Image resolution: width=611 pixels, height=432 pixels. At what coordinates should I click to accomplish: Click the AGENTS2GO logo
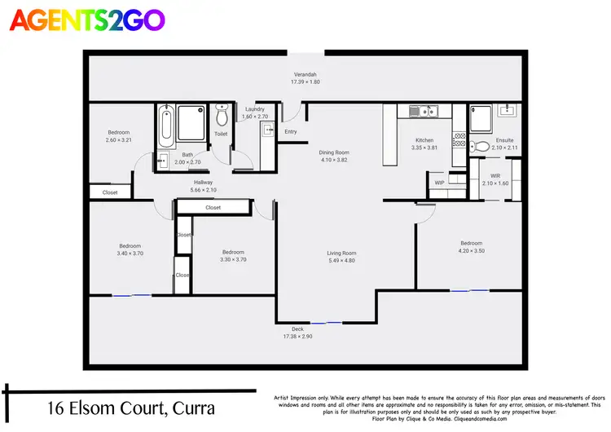tap(86, 20)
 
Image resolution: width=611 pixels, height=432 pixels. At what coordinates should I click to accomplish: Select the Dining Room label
tap(333, 152)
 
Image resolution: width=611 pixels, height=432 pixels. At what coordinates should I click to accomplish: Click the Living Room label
tap(341, 253)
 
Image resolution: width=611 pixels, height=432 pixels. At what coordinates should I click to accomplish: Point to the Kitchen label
tap(424, 140)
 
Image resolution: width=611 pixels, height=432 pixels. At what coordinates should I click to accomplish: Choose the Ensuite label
tap(505, 140)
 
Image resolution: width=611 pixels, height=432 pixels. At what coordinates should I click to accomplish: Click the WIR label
tap(495, 176)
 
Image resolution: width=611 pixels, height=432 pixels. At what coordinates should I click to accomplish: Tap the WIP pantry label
tap(439, 183)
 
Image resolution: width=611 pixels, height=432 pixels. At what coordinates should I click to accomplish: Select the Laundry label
tap(255, 109)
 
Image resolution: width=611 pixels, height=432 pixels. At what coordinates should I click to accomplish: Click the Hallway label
tap(204, 183)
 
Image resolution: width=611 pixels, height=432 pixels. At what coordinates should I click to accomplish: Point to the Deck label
tap(298, 329)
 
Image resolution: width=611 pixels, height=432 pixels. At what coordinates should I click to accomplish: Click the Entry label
tap(291, 132)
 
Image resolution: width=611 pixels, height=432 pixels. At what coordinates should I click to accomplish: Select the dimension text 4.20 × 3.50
tap(471, 251)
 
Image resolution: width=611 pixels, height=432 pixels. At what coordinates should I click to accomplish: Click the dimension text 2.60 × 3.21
tap(118, 140)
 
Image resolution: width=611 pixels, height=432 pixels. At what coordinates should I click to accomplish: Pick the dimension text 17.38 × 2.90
tap(298, 337)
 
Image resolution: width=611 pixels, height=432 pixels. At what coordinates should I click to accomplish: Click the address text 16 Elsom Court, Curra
tap(130, 407)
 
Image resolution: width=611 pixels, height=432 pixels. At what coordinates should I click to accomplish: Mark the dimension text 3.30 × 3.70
tap(232, 260)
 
